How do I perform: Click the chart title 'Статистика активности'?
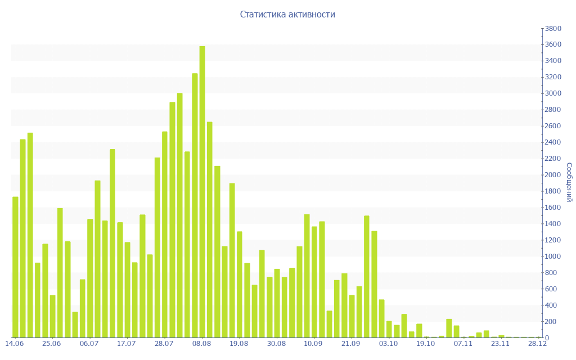coord(287,15)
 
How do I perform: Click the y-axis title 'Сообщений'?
coord(569,182)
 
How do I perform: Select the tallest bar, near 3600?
coord(202,191)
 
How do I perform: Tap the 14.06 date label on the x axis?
coord(14,343)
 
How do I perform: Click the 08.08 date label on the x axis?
coord(201,343)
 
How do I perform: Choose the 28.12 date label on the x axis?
coord(537,343)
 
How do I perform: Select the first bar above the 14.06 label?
coord(15,267)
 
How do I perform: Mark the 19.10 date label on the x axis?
coord(425,343)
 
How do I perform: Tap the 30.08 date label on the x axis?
coord(276,343)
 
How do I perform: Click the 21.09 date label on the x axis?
coord(350,343)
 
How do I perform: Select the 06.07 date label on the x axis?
coord(89,343)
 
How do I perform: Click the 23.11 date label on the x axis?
coord(500,343)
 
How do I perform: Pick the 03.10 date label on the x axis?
coord(388,343)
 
